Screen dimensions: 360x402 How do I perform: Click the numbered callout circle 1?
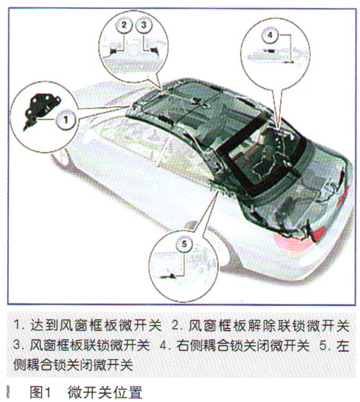[x=66, y=120]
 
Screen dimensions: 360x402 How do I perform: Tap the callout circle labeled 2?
[x=124, y=25]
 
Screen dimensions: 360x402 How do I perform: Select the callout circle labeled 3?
[x=143, y=25]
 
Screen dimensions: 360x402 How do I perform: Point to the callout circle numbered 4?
[x=270, y=35]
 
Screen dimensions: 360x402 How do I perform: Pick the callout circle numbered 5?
[x=184, y=244]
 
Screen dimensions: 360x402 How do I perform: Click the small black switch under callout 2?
[x=113, y=51]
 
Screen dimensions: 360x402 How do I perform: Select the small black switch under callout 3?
[x=154, y=51]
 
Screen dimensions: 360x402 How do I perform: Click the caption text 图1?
[x=41, y=392]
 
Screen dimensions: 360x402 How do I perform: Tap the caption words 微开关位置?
[x=104, y=392]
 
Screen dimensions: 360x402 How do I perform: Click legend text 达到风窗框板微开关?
[x=95, y=325]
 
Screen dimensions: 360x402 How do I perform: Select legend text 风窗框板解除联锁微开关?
[x=269, y=326]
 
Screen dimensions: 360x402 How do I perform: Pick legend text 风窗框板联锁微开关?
[x=90, y=345]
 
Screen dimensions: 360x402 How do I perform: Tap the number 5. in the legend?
[x=325, y=345]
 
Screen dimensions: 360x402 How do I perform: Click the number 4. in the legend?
[x=166, y=345]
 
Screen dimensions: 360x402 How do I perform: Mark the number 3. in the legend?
[x=20, y=345]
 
